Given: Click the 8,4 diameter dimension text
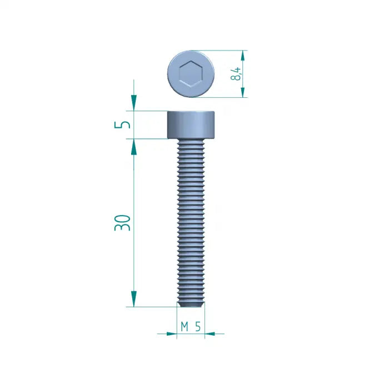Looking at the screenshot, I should [x=237, y=74].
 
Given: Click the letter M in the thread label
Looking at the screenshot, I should [x=184, y=327].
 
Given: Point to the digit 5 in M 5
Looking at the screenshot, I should [x=198, y=327].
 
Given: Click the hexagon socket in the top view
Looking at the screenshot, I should [x=191, y=74].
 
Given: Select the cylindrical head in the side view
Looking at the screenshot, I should [x=191, y=124].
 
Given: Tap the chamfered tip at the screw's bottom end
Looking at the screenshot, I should [x=191, y=303].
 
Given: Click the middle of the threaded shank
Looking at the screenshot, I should [x=191, y=222].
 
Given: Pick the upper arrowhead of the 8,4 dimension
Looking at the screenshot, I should [x=243, y=56].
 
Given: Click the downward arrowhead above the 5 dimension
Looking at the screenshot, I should [x=133, y=103].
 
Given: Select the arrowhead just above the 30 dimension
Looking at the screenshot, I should [x=133, y=146].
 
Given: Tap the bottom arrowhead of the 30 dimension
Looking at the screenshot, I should [x=133, y=298].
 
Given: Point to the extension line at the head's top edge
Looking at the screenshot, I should [x=147, y=111].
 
